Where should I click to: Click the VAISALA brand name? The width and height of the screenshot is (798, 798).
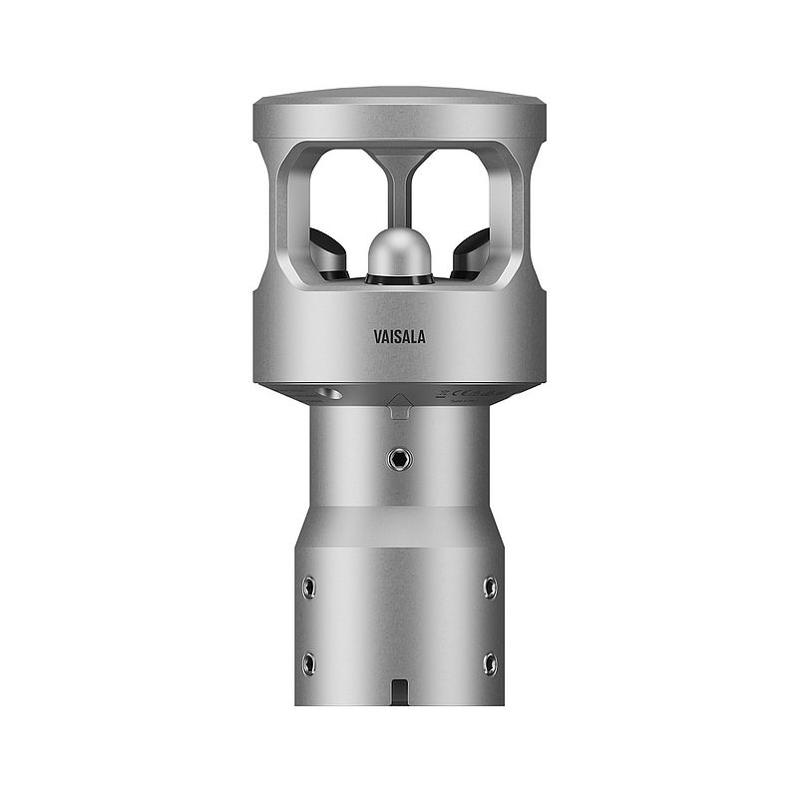(x=399, y=337)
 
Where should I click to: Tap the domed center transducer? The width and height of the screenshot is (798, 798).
(x=399, y=253)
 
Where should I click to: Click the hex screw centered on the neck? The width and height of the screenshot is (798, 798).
(x=399, y=459)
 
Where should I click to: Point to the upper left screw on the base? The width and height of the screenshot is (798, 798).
(x=309, y=587)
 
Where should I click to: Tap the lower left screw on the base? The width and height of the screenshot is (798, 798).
(x=309, y=663)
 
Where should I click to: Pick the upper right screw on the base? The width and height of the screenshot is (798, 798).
(x=489, y=587)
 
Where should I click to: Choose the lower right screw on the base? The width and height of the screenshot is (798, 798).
(x=489, y=663)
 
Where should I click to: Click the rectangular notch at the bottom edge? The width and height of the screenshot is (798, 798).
(x=399, y=692)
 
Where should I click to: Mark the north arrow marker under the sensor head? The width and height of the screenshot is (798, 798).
(x=399, y=404)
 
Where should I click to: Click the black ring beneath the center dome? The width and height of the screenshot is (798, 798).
(x=399, y=280)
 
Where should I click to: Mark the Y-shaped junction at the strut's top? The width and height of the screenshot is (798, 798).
(x=399, y=160)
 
